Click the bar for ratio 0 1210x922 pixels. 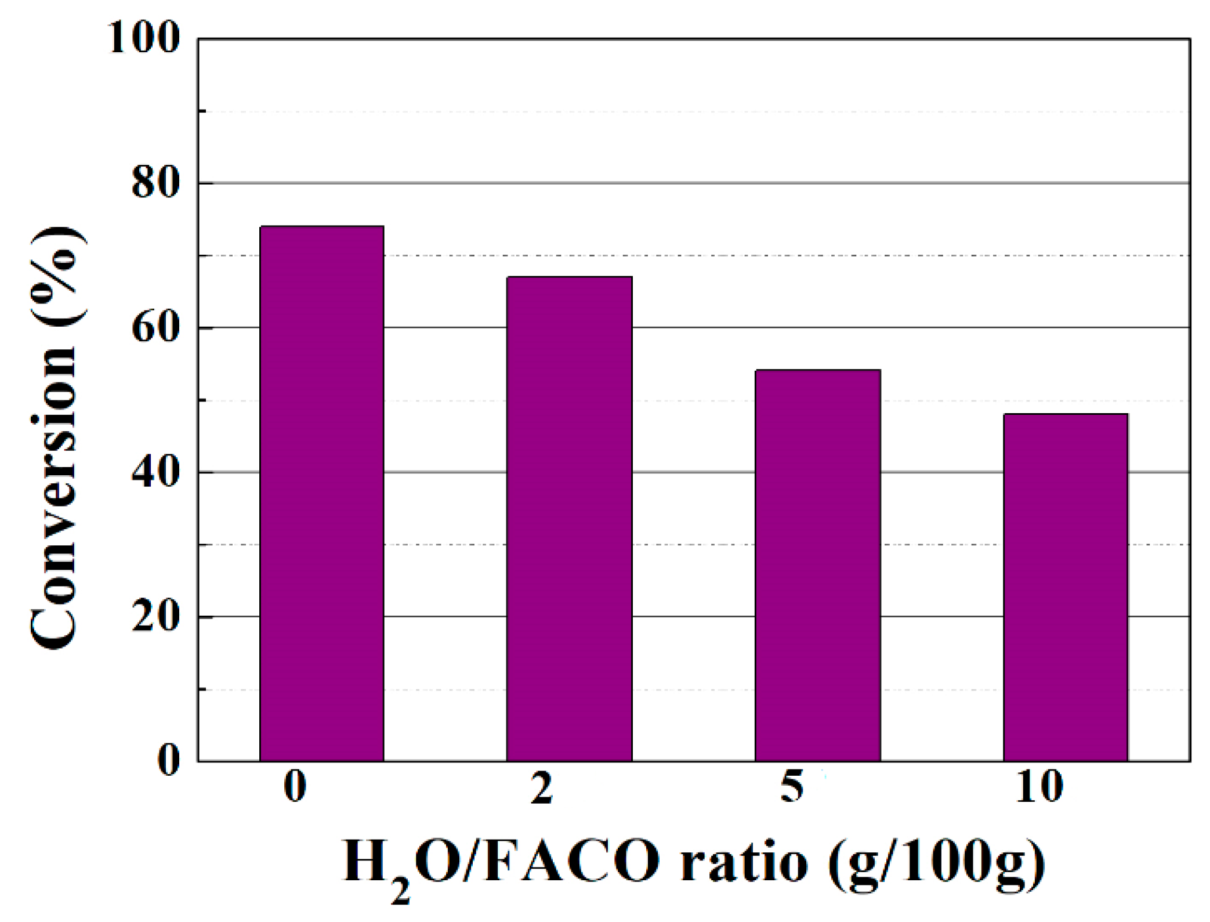pyautogui.click(x=322, y=493)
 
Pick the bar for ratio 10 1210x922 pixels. pyautogui.click(x=1066, y=587)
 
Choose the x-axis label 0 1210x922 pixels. pyautogui.click(x=295, y=787)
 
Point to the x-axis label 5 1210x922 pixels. pyautogui.click(x=792, y=787)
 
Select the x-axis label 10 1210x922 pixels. pyautogui.click(x=1039, y=787)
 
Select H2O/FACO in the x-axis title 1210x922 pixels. pyautogui.click(x=502, y=863)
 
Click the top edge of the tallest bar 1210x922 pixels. pyautogui.click(x=322, y=227)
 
